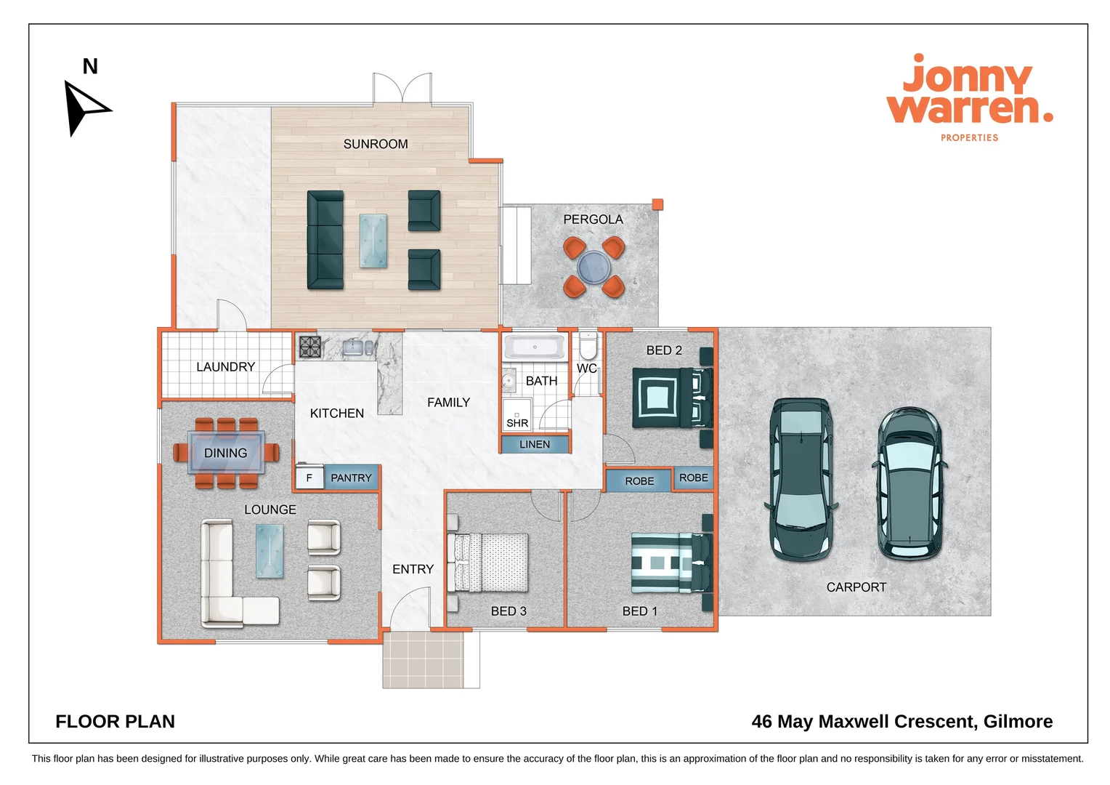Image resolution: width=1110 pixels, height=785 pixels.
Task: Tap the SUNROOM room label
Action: coord(376,144)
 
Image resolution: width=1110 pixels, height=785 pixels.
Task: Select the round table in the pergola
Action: coord(594,267)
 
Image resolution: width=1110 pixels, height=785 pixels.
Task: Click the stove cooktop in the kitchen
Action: coord(310,347)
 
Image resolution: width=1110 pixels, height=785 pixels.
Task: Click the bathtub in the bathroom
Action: coord(534,347)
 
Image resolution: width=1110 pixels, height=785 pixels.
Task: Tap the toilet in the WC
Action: coord(588,346)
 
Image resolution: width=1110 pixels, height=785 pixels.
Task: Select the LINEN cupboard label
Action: coord(535,444)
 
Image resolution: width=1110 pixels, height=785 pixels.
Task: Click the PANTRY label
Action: coord(352,478)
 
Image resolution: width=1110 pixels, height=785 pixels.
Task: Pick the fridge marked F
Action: coord(309,478)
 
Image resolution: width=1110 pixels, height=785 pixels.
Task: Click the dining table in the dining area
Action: coord(226,452)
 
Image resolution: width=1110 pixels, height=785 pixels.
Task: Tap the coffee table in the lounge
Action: coord(270,551)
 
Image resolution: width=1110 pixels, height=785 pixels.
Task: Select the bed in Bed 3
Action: coord(487,563)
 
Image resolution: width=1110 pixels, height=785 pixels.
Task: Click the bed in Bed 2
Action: coord(673,398)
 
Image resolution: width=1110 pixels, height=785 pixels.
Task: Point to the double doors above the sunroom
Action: coord(402,88)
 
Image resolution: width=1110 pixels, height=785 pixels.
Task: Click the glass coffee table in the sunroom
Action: coord(373,241)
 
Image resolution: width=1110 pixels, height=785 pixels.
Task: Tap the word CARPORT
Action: coord(856,587)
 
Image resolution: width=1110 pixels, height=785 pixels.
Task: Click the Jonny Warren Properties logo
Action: coord(969,97)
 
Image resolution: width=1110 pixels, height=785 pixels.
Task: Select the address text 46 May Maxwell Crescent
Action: coord(864,722)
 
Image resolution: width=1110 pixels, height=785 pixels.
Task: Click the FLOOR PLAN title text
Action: coord(115,722)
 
